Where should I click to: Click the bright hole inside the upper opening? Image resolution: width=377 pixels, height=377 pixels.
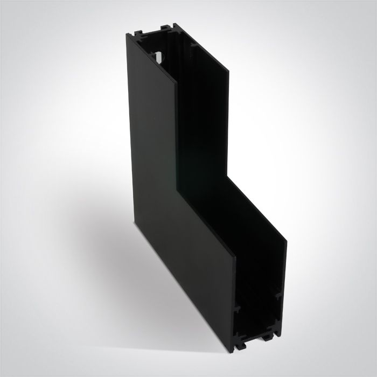point(160,56)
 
